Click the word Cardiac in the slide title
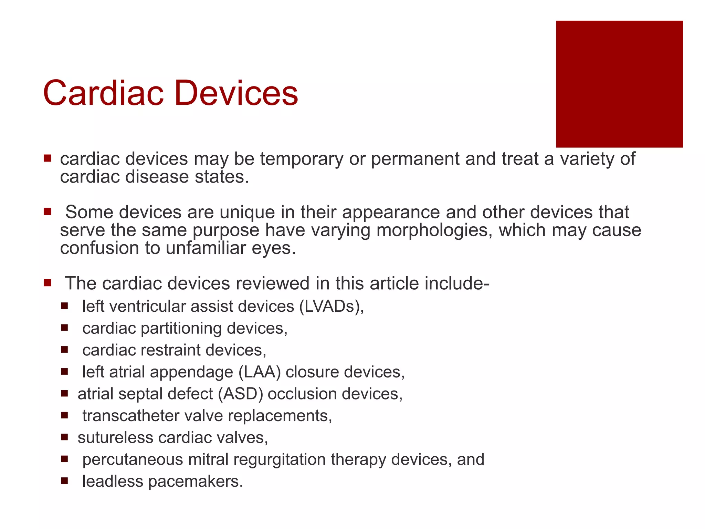click(x=103, y=93)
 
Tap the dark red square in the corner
click(x=619, y=84)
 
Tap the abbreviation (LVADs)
click(x=331, y=306)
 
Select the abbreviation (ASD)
click(x=240, y=394)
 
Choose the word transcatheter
click(x=131, y=416)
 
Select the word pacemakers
click(x=195, y=481)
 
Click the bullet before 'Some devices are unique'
click(x=48, y=211)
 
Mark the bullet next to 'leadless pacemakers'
click(x=64, y=480)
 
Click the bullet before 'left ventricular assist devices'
click(x=64, y=305)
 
